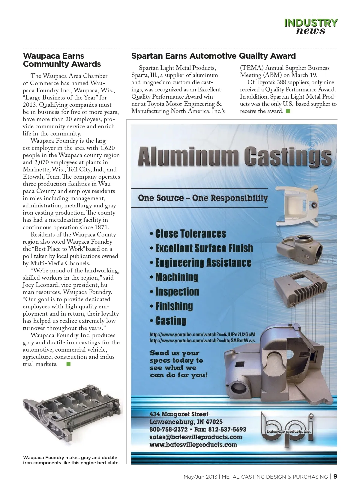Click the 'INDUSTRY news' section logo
click(x=310, y=27)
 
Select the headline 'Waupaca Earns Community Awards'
click(x=62, y=60)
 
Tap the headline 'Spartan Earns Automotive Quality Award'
click(x=213, y=56)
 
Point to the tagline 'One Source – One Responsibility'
click(x=203, y=198)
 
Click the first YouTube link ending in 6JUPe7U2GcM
click(x=202, y=334)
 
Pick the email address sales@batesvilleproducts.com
click(x=196, y=437)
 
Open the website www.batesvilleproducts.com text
click(x=193, y=445)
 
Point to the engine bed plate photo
click(x=72, y=417)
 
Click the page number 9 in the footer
click(x=335, y=477)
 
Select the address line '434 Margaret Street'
click(x=179, y=414)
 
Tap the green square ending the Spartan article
click(x=288, y=111)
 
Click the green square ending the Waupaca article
click(x=68, y=364)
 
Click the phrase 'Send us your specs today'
click(x=177, y=357)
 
